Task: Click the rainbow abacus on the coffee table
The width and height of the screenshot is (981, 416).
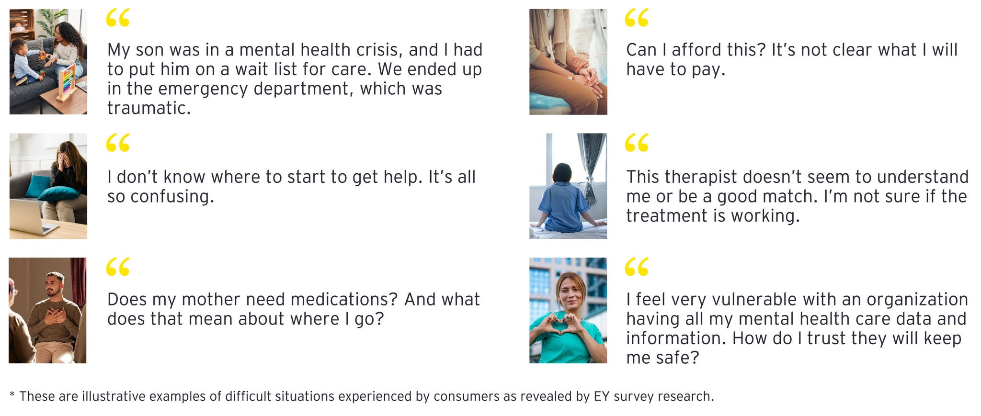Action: pos(67,83)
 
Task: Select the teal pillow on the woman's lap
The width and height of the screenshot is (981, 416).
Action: pos(58,194)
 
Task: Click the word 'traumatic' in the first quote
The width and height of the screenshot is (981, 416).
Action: pos(149,108)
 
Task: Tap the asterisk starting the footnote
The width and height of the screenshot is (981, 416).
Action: pos(12,395)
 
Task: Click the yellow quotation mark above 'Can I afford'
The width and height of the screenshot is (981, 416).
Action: pos(637,18)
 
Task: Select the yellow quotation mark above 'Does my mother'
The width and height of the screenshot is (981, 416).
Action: pos(118,267)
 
